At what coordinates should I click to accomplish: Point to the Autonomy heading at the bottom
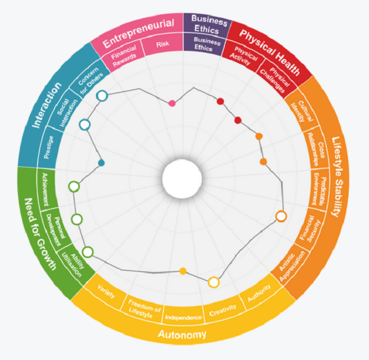[x=182, y=335]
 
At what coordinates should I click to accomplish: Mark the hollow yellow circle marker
[x=213, y=283]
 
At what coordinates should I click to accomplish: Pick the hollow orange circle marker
[x=281, y=216]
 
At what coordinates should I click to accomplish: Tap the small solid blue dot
[x=101, y=162]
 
